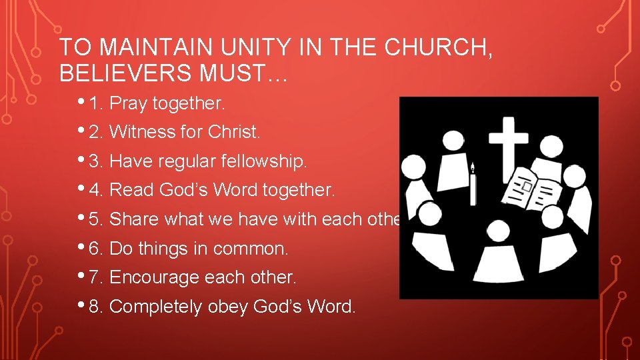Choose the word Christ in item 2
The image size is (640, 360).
[233, 132]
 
